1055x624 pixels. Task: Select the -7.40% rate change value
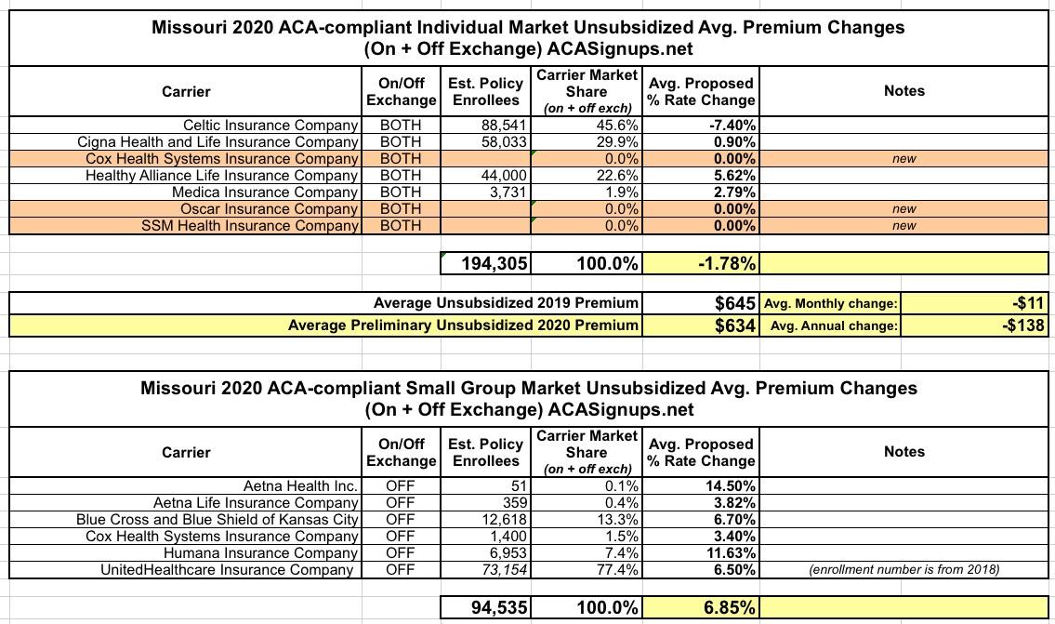pyautogui.click(x=732, y=125)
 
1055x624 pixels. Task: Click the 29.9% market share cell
pyautogui.click(x=616, y=141)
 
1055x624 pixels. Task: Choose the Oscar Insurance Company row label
pyautogui.click(x=270, y=208)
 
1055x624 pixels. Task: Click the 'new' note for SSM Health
pyautogui.click(x=903, y=225)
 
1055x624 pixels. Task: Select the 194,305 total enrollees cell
pyautogui.click(x=495, y=263)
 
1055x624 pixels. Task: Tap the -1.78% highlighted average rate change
pyautogui.click(x=727, y=263)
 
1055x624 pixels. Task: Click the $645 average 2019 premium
pyautogui.click(x=733, y=302)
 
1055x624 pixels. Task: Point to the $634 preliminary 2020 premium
pyautogui.click(x=733, y=325)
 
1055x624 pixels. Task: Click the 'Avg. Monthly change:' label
pyautogui.click(x=830, y=303)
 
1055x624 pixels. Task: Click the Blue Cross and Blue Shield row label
pyautogui.click(x=217, y=519)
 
